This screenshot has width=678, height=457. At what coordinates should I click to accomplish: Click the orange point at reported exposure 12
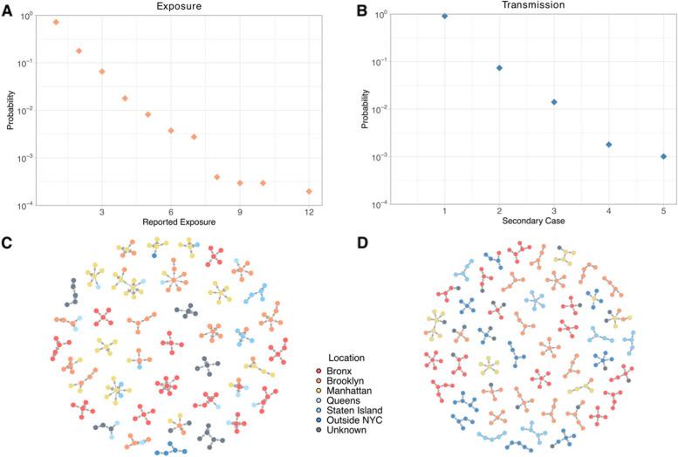309,191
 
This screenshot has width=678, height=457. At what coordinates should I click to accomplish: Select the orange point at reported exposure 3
102,72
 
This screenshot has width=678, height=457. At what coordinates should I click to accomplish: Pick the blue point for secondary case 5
663,156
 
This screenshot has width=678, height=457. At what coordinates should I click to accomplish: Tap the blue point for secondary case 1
445,16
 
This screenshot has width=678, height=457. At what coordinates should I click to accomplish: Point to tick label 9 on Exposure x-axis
240,211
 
